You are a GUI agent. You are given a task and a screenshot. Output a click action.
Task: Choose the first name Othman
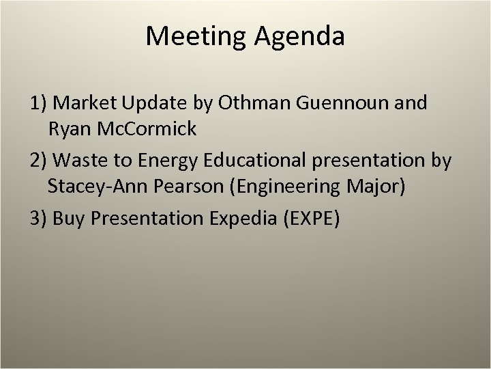pyautogui.click(x=254, y=103)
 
